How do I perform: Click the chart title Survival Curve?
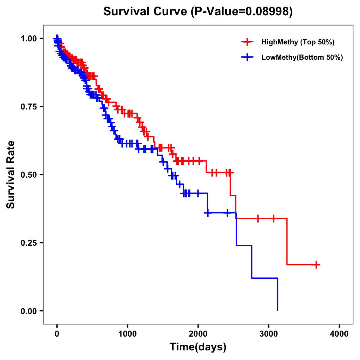pyautogui.click(x=146, y=11)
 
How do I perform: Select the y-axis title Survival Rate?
pyautogui.click(x=11, y=174)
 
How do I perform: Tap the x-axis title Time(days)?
pyautogui.click(x=198, y=347)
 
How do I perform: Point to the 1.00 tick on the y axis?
pyautogui.click(x=28, y=38)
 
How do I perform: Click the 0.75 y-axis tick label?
pyautogui.click(x=28, y=106)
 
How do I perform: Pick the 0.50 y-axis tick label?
pyautogui.click(x=28, y=175)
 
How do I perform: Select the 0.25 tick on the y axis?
pyautogui.click(x=28, y=243)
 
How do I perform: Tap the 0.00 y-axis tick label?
pyautogui.click(x=28, y=311)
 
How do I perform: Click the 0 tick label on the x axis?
pyautogui.click(x=57, y=334)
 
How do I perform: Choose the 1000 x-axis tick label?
pyautogui.click(x=127, y=334)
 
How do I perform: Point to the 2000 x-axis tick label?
pyautogui.click(x=198, y=334)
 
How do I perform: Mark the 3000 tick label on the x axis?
pyautogui.click(x=269, y=334)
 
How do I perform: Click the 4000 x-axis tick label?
pyautogui.click(x=339, y=334)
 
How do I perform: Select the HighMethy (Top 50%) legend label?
pyautogui.click(x=298, y=42)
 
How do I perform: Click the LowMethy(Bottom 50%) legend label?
pyautogui.click(x=302, y=57)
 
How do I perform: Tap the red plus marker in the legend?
pyautogui.click(x=247, y=42)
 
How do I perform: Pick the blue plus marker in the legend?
pyautogui.click(x=247, y=57)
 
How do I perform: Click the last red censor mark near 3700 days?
pyautogui.click(x=316, y=265)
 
